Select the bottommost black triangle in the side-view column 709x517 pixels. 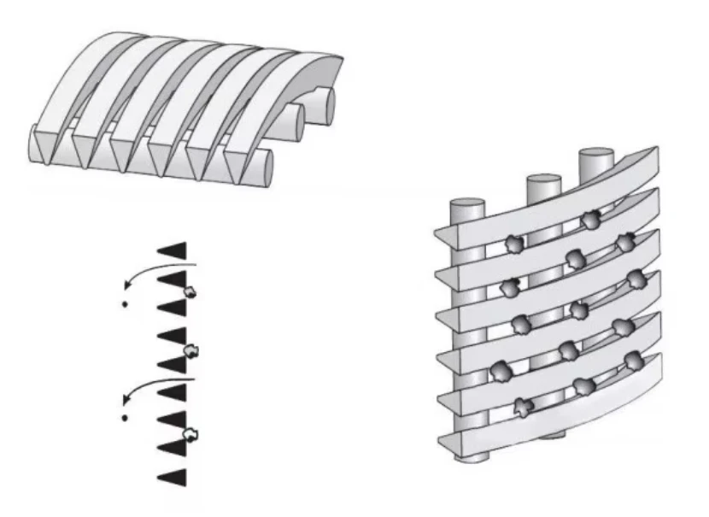pos(173,475)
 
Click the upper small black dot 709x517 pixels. pos(125,304)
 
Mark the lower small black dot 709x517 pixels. pos(125,419)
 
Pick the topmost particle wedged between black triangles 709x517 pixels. pos(190,292)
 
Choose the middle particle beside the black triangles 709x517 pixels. pos(191,350)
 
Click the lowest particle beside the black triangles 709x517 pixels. pos(190,435)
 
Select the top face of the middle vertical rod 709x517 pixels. pos(542,180)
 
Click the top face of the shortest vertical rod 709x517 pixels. pos(466,205)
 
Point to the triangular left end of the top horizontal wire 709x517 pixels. pos(445,234)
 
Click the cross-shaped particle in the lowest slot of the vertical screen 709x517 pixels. pos(521,407)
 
